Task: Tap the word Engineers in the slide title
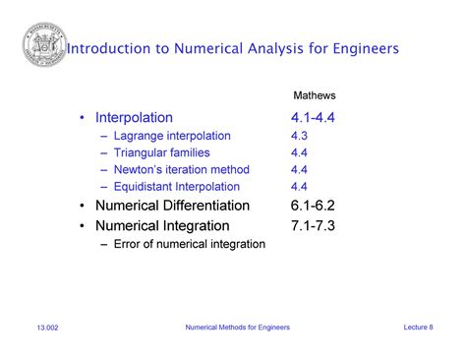(x=361, y=48)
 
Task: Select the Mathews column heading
(x=315, y=95)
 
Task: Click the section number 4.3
(x=300, y=136)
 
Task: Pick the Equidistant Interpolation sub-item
(x=176, y=187)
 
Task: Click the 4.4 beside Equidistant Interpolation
(x=300, y=187)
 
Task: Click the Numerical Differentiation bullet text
(x=172, y=206)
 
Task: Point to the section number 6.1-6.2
(x=313, y=206)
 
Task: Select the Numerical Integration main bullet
(x=158, y=225)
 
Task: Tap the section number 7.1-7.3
(x=313, y=225)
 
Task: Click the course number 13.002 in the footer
(x=48, y=328)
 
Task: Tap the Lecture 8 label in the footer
(x=418, y=327)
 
